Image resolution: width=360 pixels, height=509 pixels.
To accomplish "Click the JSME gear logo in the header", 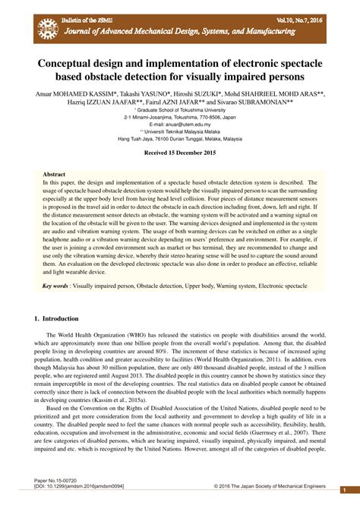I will (x=47, y=29).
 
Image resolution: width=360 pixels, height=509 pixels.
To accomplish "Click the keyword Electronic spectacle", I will (x=281, y=286).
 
